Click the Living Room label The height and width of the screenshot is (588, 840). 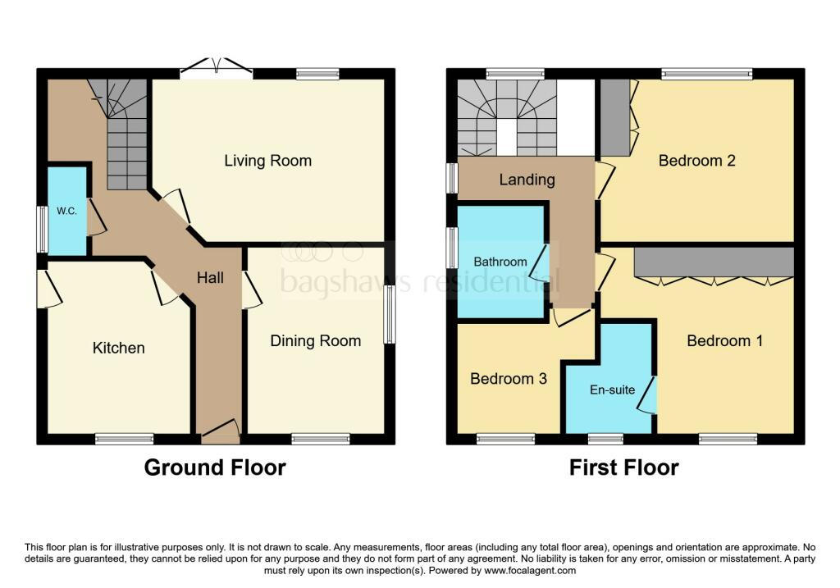click(x=268, y=161)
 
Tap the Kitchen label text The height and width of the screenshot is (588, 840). click(x=119, y=348)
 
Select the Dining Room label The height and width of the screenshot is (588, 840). click(x=316, y=340)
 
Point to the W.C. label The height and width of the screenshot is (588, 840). click(x=66, y=211)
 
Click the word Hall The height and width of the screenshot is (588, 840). click(x=210, y=278)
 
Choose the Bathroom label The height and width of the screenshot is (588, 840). click(x=500, y=262)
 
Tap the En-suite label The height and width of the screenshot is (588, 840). click(x=611, y=390)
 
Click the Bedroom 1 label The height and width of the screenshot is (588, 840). click(x=724, y=340)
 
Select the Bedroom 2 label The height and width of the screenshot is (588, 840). click(x=696, y=161)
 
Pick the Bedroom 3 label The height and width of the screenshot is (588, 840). click(x=508, y=379)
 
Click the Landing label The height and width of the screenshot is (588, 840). click(x=527, y=180)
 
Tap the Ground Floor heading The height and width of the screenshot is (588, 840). click(x=215, y=467)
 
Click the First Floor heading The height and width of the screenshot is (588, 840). click(x=624, y=467)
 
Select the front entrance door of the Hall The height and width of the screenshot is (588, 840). click(x=219, y=431)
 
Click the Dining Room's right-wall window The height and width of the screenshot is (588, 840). click(x=390, y=314)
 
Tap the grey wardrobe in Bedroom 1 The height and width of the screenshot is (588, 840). click(x=714, y=262)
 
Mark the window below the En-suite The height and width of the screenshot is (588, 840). click(x=606, y=439)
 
